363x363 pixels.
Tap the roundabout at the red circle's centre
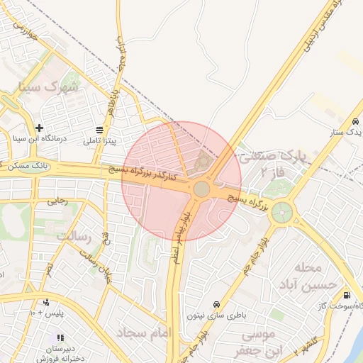click(201, 189)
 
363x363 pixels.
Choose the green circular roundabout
click(282, 211)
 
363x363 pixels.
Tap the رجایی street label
click(57, 201)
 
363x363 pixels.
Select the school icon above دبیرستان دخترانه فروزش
click(61, 337)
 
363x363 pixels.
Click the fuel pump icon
click(347, 296)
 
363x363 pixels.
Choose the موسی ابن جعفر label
click(262, 341)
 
